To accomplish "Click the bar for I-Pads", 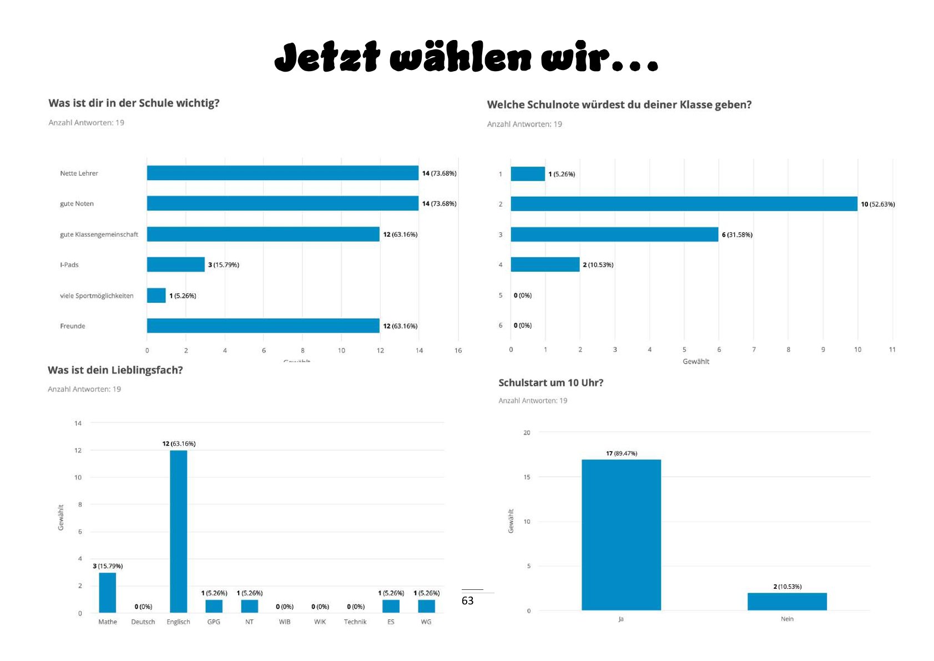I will [x=175, y=264].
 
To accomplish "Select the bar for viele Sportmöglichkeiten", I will [x=156, y=296].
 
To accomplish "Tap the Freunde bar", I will [x=263, y=326].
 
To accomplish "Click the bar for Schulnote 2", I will [x=684, y=204].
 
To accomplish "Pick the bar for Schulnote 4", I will [x=545, y=264].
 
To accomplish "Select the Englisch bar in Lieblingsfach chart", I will [x=178, y=531].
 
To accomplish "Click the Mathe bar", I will [x=108, y=592].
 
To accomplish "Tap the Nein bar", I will [x=787, y=602].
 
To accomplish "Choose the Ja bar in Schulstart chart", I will [x=621, y=534].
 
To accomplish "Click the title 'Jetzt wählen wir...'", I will [x=466, y=57].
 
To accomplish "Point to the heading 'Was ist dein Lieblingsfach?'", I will [x=115, y=370].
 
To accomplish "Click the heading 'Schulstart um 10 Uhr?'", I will [x=551, y=383].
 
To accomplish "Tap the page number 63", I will [x=468, y=600].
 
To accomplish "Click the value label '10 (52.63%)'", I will [x=877, y=204].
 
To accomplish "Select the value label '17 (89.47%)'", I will [x=621, y=453].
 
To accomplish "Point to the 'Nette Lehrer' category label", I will [x=79, y=173].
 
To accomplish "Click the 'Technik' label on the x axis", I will [x=355, y=622].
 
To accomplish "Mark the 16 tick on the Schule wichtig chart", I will [x=458, y=350].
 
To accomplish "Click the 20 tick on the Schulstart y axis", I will [x=527, y=432].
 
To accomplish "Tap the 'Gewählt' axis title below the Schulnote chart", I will [x=696, y=362].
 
